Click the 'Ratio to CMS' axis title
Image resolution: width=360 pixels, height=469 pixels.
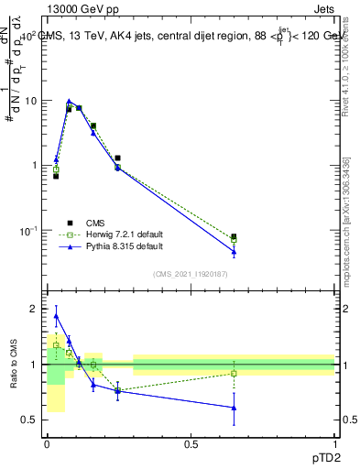click(x=15, y=365)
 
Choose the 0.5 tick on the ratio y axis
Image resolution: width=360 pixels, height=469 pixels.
click(x=31, y=420)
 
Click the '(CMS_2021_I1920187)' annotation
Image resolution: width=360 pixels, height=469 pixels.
click(x=190, y=273)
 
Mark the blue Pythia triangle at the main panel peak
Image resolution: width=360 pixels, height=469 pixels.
click(x=70, y=102)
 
